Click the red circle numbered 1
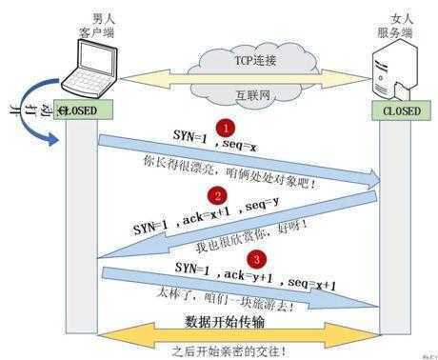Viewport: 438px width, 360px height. pos(225,127)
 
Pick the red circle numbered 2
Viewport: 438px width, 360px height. pos(219,196)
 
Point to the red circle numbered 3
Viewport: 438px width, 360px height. pos(254,258)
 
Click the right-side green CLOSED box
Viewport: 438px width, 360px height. pos(401,110)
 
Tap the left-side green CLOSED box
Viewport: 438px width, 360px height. pos(85,110)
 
